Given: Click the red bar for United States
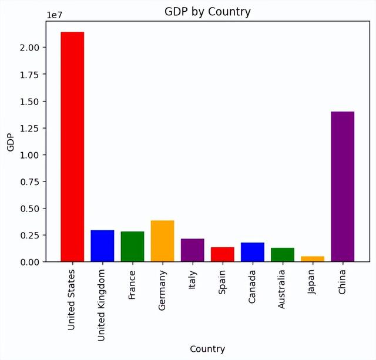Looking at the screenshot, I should click(x=72, y=147).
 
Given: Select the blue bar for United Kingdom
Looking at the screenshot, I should click(x=102, y=246).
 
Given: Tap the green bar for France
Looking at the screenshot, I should click(x=132, y=247).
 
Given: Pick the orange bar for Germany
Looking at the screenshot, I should click(x=162, y=241).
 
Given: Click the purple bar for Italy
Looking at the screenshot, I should click(x=192, y=250).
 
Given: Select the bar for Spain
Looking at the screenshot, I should click(x=223, y=254).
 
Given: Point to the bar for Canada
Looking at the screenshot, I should click(x=253, y=252).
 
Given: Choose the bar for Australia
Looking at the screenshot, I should click(x=283, y=255).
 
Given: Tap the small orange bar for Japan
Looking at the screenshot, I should click(x=313, y=259).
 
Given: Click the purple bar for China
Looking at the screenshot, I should click(x=343, y=187).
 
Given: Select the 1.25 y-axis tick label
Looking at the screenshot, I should click(x=30, y=128).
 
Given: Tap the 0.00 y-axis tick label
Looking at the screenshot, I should click(x=30, y=262).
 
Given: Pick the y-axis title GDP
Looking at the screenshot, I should click(x=10, y=142).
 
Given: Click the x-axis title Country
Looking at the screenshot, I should click(x=207, y=349).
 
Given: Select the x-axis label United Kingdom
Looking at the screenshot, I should click(x=102, y=297).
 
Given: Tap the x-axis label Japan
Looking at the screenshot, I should click(x=313, y=281).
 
